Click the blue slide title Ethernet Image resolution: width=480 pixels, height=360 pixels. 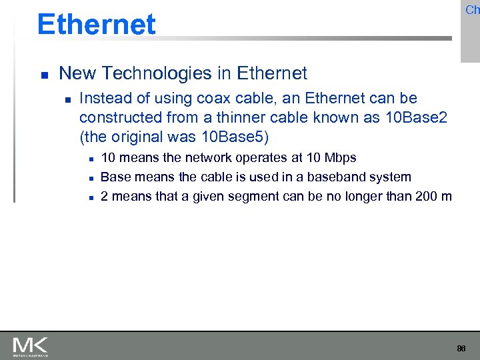point(97,25)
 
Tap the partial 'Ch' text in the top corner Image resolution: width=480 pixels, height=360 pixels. point(472,10)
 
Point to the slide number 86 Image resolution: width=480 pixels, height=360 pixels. point(461,349)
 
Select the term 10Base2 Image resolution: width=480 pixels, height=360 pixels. point(413,117)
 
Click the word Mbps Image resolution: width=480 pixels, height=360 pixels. point(340,158)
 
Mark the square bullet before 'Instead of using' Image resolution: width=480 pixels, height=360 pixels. point(66,99)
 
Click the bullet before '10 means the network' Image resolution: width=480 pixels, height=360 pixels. point(88,159)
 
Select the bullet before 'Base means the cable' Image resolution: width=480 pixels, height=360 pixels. point(88,178)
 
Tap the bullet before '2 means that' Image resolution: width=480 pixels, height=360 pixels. point(88,197)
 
